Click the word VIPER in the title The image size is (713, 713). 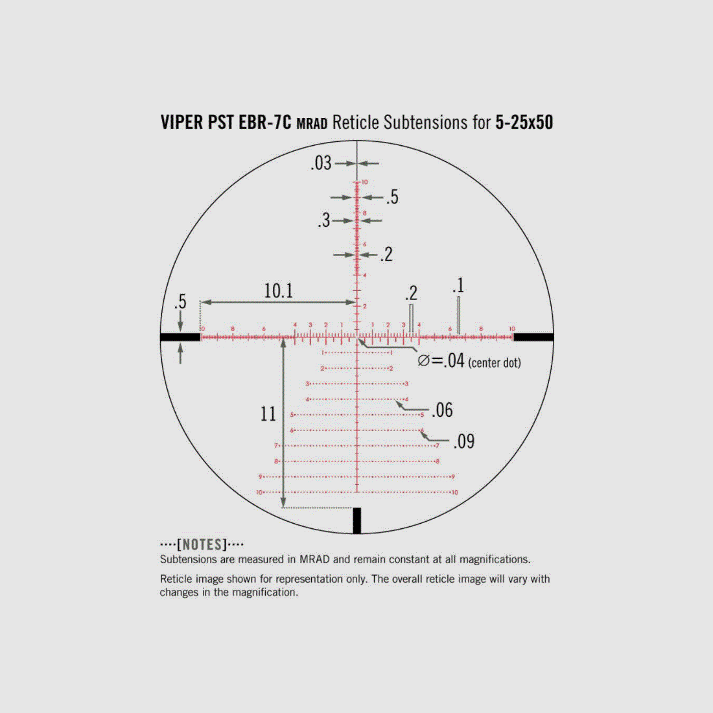coord(181,123)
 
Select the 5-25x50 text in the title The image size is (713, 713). coord(524,123)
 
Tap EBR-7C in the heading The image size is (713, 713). coord(265,123)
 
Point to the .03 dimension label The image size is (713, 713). coord(321,163)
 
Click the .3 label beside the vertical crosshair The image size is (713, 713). coord(323,220)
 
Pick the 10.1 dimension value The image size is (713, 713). coord(278,291)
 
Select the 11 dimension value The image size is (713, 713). coord(268,414)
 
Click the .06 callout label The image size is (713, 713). coord(442,410)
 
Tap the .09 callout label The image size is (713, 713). coord(463,441)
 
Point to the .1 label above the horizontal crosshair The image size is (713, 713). coord(458,285)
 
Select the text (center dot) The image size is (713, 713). coord(495,362)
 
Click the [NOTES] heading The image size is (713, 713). coord(202,544)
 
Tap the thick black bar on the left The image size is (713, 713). coord(180,336)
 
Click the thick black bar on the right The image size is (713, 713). coord(533,336)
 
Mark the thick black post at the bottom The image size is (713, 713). coord(356,520)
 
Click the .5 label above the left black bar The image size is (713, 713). coord(180,301)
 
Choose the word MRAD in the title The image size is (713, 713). coord(312,124)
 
